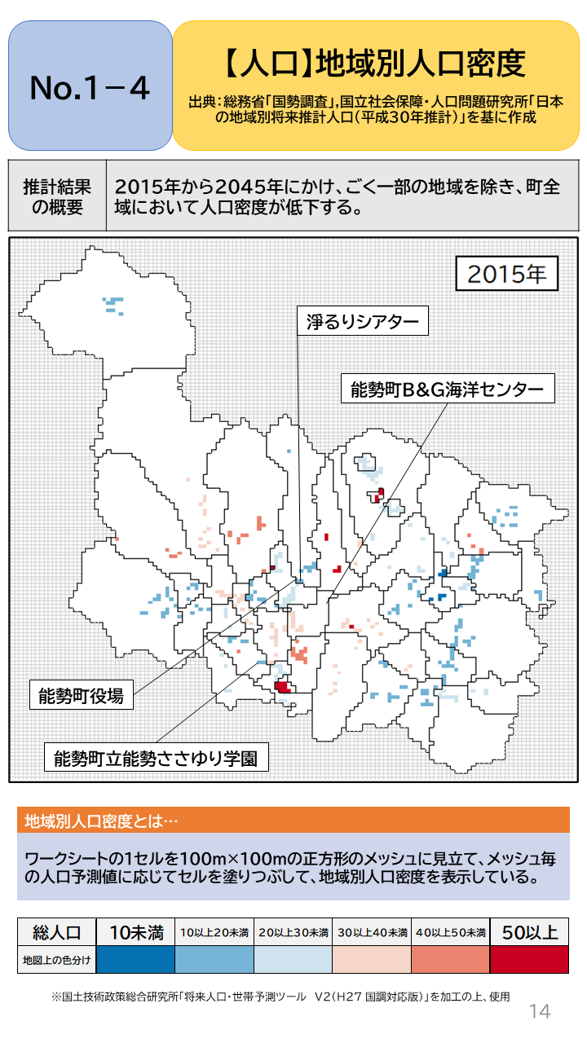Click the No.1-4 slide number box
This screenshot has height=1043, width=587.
[x=90, y=86]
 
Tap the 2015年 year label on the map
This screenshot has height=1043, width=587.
[x=506, y=274]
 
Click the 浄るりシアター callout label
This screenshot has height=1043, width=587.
[x=362, y=321]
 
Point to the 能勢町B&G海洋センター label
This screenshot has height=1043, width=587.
[x=447, y=389]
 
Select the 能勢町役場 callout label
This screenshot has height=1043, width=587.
[x=82, y=696]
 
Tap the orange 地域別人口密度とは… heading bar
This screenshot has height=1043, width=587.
[x=293, y=820]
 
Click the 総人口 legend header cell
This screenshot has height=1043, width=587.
[x=56, y=931]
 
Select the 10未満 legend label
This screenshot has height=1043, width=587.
[x=135, y=931]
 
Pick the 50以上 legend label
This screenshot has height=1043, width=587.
[x=529, y=931]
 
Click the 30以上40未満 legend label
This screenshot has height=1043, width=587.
[x=372, y=932]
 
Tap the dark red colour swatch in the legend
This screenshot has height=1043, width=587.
[x=529, y=960]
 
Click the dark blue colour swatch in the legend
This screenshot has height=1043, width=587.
[x=135, y=960]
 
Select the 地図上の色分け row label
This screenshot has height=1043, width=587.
[x=56, y=960]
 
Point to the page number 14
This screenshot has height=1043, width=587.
[x=540, y=1011]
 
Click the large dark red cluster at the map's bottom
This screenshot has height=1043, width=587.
[x=283, y=686]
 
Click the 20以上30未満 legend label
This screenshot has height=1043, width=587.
[x=293, y=932]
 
